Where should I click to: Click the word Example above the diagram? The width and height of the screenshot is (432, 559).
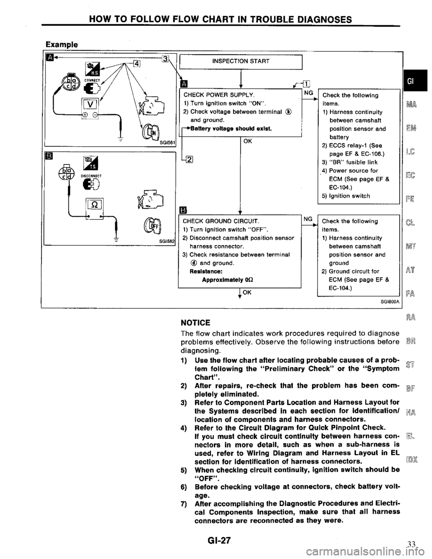[x=61, y=45]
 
